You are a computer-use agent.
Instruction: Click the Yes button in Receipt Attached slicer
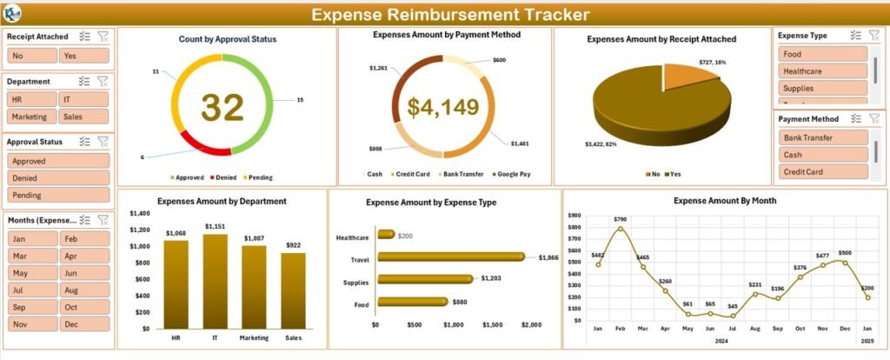click(83, 56)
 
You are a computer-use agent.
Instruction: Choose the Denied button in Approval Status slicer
click(58, 178)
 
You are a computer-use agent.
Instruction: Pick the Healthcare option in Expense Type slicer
click(822, 71)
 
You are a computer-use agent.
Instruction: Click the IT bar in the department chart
click(215, 278)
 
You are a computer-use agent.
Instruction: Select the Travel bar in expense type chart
click(450, 257)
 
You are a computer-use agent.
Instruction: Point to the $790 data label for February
click(620, 219)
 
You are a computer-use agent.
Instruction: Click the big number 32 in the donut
click(222, 107)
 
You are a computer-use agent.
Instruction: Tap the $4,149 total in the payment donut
click(443, 107)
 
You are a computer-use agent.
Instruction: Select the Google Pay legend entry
click(510, 174)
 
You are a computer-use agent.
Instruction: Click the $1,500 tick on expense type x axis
click(492, 325)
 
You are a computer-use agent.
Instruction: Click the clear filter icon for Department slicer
click(102, 81)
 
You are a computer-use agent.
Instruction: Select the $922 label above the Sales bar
click(294, 244)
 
